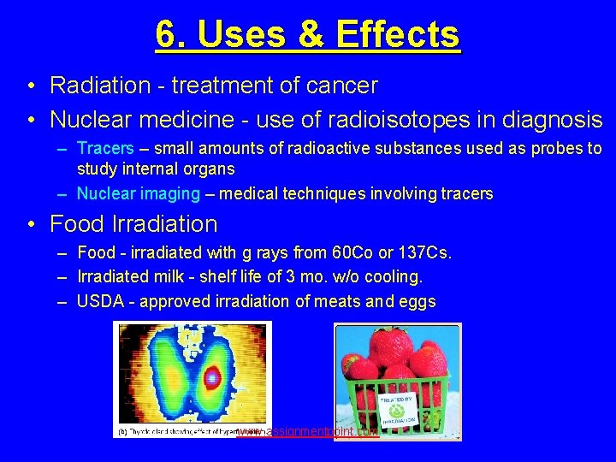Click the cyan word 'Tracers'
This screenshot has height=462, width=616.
(105, 149)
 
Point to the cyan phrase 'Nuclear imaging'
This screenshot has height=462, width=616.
(139, 194)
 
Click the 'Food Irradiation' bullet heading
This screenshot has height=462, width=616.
(133, 224)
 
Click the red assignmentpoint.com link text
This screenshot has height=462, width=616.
(308, 432)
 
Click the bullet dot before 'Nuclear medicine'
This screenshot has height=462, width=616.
(30, 120)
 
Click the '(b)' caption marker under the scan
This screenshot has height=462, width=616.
(122, 432)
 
